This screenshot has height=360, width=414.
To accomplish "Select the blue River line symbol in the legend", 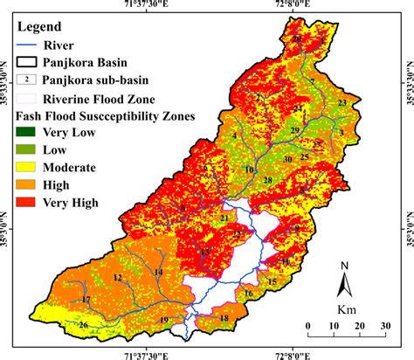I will click(x=30, y=45).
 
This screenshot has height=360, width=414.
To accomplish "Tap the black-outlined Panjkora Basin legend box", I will click(x=31, y=61).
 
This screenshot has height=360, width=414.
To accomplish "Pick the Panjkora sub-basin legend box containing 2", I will click(x=31, y=80).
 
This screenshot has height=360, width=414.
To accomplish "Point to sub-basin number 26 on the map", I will click(x=84, y=326).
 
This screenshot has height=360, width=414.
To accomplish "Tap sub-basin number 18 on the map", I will click(x=224, y=318).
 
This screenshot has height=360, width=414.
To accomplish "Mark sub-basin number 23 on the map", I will click(x=342, y=103).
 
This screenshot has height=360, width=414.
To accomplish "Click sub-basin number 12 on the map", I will click(x=116, y=278).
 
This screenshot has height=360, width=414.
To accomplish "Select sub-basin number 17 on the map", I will click(x=86, y=300).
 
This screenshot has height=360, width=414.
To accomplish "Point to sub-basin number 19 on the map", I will click(x=163, y=321).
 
